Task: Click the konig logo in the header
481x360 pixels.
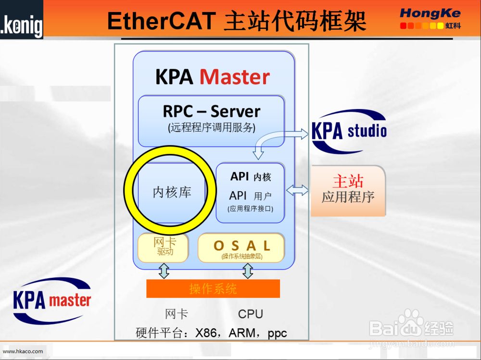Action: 22,19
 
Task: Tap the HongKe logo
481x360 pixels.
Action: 430,18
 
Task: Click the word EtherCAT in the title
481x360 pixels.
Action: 162,21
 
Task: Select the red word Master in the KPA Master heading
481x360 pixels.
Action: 235,77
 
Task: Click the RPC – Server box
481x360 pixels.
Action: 211,121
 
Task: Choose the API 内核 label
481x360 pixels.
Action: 251,176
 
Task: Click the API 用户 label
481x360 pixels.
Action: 250,195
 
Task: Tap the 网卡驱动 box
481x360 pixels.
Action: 163,248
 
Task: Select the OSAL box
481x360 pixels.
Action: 241,248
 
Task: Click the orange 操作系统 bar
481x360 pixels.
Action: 213,288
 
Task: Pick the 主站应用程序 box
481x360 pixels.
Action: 348,191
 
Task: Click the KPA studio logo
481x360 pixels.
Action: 349,131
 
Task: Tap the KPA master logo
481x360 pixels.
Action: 52,300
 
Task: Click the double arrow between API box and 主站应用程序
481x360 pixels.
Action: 297,190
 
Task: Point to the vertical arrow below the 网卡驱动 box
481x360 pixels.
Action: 164,271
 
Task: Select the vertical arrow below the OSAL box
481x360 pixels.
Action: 248,271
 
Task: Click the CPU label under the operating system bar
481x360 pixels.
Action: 251,314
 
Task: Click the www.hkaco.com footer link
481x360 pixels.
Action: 23,351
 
